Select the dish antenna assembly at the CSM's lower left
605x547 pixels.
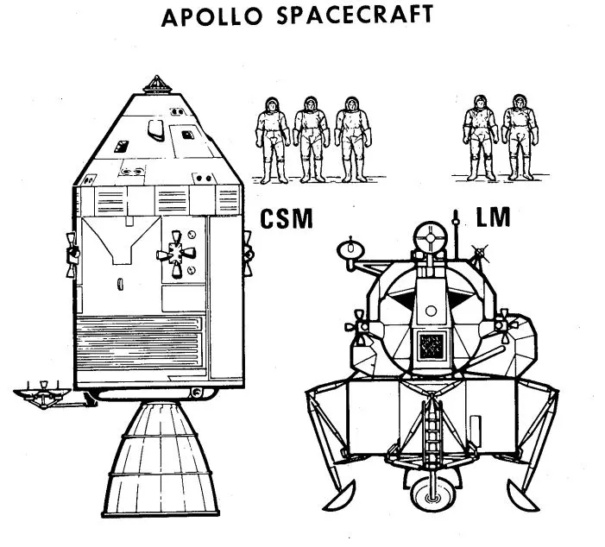(40, 393)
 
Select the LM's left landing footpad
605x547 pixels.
(337, 495)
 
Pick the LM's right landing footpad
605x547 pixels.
(526, 494)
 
